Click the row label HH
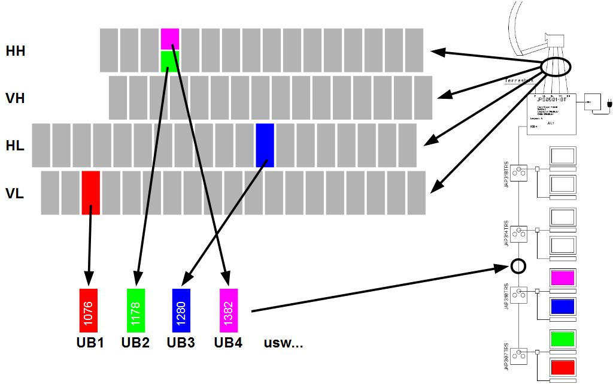click(x=15, y=52)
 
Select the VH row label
click(x=15, y=98)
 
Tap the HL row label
click(x=15, y=145)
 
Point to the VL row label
click(x=15, y=193)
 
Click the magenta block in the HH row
click(x=170, y=39)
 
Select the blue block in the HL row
click(x=265, y=145)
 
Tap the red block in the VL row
click(x=90, y=192)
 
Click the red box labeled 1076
click(x=88, y=310)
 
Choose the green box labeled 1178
click(x=136, y=310)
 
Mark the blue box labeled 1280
click(x=181, y=310)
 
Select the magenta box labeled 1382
click(x=229, y=310)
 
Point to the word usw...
click(x=283, y=343)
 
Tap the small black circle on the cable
click(x=518, y=265)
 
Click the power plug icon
click(x=609, y=104)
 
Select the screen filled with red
click(x=563, y=367)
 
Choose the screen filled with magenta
click(x=563, y=278)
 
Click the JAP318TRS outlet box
click(x=518, y=172)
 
